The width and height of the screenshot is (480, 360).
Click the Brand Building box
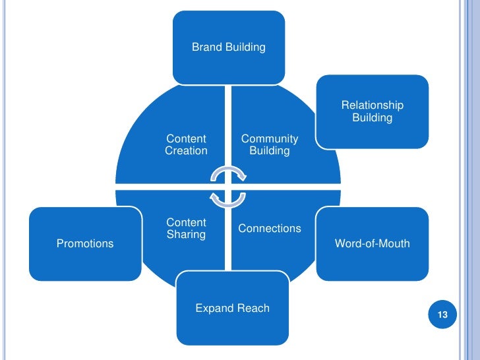click(x=229, y=47)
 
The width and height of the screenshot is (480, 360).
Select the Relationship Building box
click(x=372, y=111)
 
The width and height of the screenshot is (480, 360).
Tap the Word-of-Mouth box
click(x=372, y=243)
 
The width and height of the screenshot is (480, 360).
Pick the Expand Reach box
click(x=232, y=308)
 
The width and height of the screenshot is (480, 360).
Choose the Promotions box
click(x=85, y=243)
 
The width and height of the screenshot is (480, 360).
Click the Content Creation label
click(x=186, y=144)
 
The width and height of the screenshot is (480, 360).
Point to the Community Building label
click(x=269, y=144)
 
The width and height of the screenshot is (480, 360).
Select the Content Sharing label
click(x=186, y=228)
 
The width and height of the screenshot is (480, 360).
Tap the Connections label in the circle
click(x=269, y=228)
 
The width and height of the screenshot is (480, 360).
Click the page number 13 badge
click(x=442, y=315)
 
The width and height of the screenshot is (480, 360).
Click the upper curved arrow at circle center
click(x=228, y=173)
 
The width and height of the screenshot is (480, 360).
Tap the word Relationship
click(x=372, y=105)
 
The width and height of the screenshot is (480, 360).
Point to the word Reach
click(x=254, y=308)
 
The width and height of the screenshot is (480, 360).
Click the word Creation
click(x=186, y=151)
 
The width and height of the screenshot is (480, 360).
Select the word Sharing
click(x=186, y=235)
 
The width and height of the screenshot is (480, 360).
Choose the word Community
click(x=269, y=138)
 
